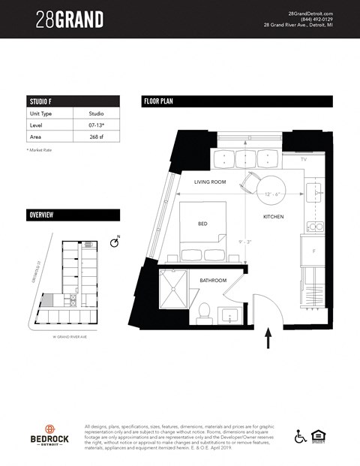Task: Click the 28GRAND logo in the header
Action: [x=69, y=20]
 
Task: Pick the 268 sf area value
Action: [x=94, y=139]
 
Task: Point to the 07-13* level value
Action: [x=94, y=126]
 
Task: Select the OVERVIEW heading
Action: [x=40, y=215]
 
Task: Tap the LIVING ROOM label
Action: [x=210, y=182]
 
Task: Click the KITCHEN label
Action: [x=273, y=217]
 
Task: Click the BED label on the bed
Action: [x=202, y=223]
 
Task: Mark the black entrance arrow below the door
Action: [x=268, y=340]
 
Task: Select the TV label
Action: [x=304, y=161]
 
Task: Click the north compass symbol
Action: [x=114, y=242]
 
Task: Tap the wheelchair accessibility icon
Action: [x=300, y=435]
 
